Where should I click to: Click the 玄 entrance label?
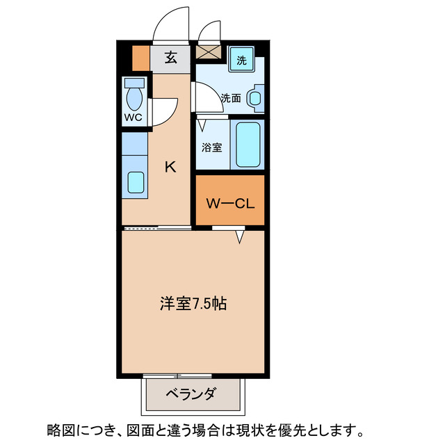coord(170,58)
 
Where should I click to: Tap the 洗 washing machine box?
coord(241,60)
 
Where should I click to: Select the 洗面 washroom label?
coord(231,99)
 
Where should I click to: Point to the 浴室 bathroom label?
coord(212,147)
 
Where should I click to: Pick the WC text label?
coord(133,117)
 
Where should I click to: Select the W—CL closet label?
coord(229,204)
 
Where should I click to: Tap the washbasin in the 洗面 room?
coord(256,98)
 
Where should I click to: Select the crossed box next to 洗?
coord(207,52)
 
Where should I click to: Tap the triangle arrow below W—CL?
coord(240,238)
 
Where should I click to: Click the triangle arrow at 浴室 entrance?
coord(203,126)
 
